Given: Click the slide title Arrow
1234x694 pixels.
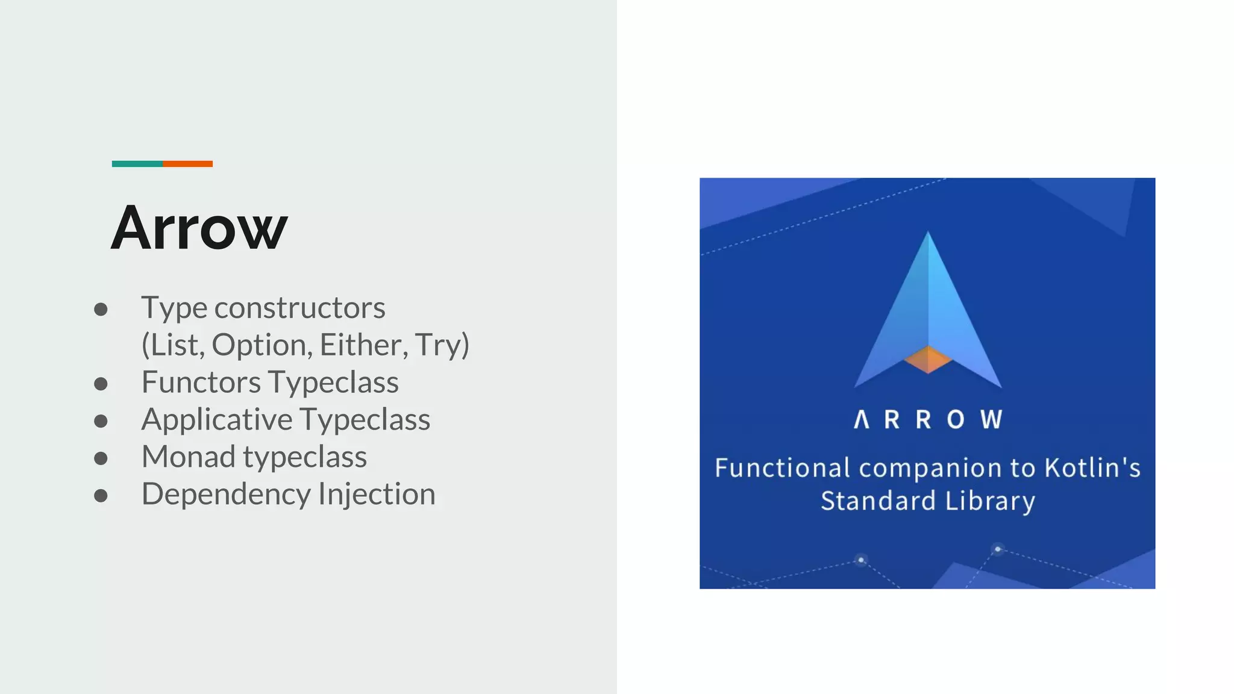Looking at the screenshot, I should (x=199, y=228).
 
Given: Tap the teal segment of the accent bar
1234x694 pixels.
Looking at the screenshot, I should (x=137, y=164).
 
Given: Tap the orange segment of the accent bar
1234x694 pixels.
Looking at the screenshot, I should (x=187, y=164).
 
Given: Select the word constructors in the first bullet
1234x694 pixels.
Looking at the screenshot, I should (x=299, y=308).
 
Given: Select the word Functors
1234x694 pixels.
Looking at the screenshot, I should (x=201, y=383).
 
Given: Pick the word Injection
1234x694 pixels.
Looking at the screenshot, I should (x=377, y=495).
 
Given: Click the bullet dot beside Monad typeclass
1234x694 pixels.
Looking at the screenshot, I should (x=101, y=458).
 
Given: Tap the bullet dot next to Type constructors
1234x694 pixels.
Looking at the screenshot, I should (x=101, y=310).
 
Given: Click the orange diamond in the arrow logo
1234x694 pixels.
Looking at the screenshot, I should (x=928, y=360).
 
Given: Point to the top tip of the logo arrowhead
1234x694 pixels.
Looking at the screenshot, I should (x=928, y=234).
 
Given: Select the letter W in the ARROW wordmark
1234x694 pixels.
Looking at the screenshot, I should (x=991, y=419).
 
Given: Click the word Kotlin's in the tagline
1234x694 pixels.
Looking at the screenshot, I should (x=1092, y=468).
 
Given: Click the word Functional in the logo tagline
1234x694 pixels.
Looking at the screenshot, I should (x=782, y=468).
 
